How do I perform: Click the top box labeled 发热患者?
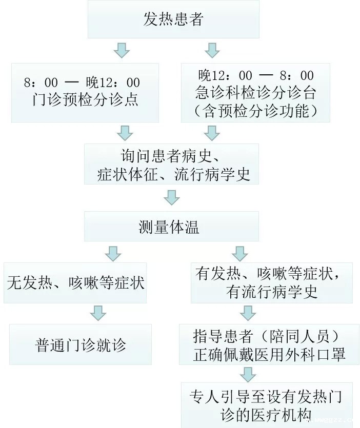point(173,19)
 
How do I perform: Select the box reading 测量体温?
point(171,226)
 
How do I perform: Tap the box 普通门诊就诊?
point(81,344)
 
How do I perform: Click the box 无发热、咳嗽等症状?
point(75,282)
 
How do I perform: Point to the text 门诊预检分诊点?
point(85,100)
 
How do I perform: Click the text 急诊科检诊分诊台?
point(255,93)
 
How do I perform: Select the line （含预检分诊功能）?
point(255,111)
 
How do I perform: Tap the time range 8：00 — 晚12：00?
point(82,83)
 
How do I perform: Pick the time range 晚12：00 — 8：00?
point(256,75)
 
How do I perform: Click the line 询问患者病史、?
point(171,156)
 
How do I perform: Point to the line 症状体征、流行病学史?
point(174,174)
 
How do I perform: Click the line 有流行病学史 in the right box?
point(271,292)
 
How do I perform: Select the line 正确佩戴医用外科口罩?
point(269,354)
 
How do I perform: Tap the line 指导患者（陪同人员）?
point(266,336)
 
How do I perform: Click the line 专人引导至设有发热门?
point(266,396)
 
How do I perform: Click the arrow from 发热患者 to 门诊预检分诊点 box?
point(122,50)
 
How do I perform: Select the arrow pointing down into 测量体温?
point(172,197)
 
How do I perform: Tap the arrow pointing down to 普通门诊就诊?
point(98,313)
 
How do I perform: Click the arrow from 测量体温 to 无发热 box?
point(113,254)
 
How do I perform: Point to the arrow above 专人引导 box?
point(248,375)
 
